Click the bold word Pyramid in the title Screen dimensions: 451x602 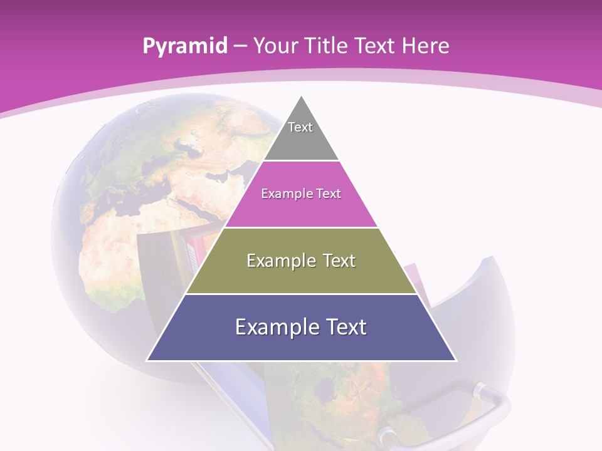click(185, 46)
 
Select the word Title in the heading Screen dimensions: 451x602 click(327, 46)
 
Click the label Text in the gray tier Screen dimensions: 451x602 click(300, 127)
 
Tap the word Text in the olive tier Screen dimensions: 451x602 click(336, 261)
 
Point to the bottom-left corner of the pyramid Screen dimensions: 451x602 click(147, 360)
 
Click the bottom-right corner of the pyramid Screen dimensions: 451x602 click(455, 360)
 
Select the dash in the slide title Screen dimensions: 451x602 click(240, 46)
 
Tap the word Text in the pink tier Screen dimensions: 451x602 click(329, 194)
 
